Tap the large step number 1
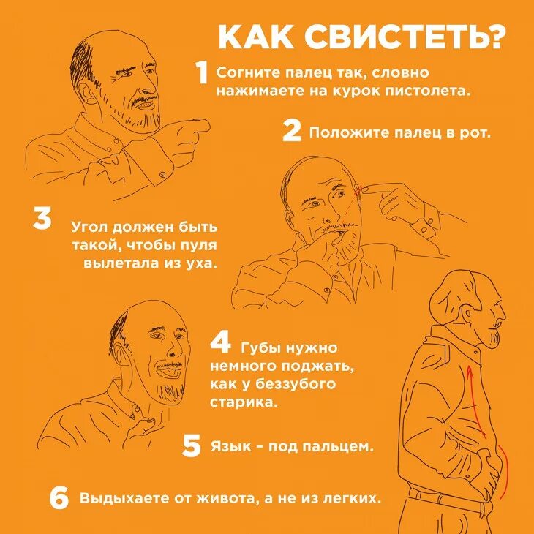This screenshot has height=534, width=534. [x=202, y=74]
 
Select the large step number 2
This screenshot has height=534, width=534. [x=292, y=132]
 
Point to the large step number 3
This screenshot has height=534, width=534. [x=42, y=219]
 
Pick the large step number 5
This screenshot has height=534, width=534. [x=191, y=445]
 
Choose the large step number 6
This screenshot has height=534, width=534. [x=59, y=499]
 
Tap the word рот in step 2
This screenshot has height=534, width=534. [x=476, y=133]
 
